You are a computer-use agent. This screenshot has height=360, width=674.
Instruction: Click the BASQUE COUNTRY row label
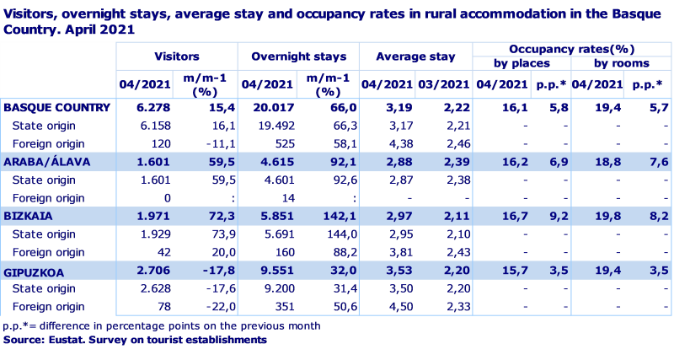click(57, 108)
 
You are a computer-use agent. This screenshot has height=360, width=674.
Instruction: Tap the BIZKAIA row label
click(30, 216)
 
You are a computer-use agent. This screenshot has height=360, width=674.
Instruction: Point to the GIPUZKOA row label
click(35, 271)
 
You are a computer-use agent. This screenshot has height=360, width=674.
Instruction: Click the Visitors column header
click(177, 56)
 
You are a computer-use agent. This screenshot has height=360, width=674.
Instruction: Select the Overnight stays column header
click(298, 56)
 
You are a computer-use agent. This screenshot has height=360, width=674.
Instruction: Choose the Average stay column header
click(415, 56)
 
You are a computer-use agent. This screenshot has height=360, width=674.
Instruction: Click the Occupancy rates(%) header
click(572, 49)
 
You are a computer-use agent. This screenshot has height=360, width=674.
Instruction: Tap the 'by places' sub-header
click(522, 63)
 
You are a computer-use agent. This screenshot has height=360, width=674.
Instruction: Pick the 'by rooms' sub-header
click(622, 63)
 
